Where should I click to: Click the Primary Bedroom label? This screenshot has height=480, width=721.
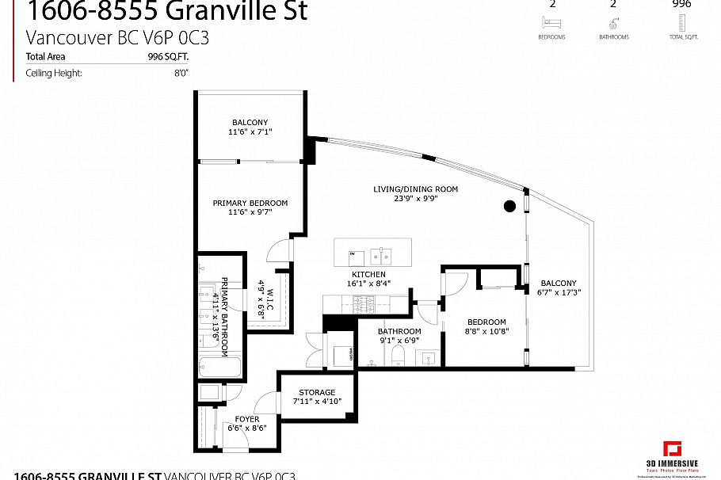250,204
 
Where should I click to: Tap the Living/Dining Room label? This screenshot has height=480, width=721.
416,189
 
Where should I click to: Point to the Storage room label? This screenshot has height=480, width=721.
317,393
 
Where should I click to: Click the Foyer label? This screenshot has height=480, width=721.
247,419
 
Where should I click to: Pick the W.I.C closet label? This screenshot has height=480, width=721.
269,294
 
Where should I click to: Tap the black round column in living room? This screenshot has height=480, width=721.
509,206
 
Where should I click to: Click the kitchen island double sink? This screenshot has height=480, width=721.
382,257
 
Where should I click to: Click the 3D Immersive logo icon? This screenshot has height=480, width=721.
673,449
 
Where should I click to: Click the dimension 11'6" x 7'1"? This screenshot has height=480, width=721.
250,132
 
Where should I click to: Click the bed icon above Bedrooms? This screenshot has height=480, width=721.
551,25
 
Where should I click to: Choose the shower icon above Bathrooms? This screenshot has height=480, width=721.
613,25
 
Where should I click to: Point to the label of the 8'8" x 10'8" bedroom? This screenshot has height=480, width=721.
486,322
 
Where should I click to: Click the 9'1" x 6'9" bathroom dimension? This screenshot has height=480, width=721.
399,341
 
